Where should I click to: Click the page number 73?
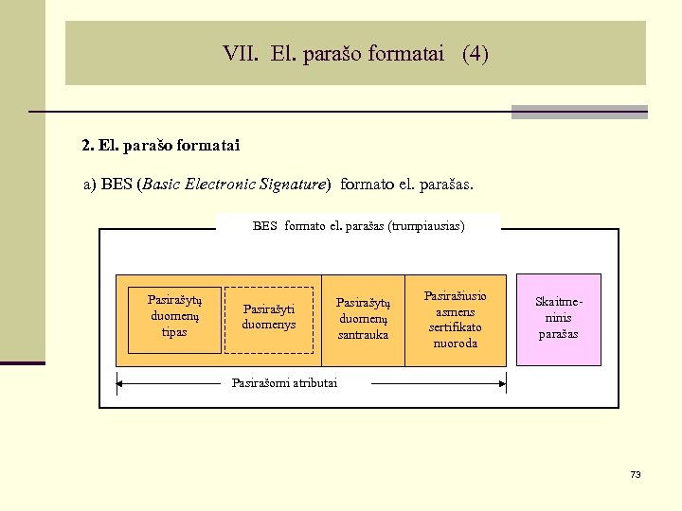(x=636, y=474)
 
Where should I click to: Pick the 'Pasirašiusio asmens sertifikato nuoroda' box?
(x=456, y=320)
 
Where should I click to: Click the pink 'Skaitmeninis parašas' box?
(x=558, y=319)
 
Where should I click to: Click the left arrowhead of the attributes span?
(x=119, y=383)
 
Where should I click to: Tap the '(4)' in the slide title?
(x=476, y=54)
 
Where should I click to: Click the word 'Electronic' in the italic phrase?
(x=220, y=185)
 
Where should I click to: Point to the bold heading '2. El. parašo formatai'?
(x=161, y=146)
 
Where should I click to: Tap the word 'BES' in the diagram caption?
(x=265, y=226)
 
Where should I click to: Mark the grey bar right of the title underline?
(x=579, y=112)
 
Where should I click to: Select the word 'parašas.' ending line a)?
(x=445, y=185)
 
